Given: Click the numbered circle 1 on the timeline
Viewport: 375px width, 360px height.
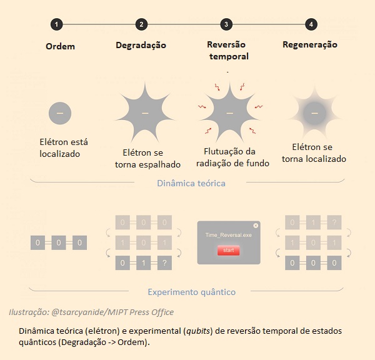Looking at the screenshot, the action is coord(56,24).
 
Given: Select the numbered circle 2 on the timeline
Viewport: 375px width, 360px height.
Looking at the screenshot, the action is coord(141,24).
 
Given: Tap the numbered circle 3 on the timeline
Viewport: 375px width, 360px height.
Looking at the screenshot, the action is coord(226,24).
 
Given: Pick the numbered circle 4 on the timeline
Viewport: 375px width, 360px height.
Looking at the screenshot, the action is coord(311,24).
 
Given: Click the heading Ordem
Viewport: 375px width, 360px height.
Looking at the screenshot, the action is coord(60,46).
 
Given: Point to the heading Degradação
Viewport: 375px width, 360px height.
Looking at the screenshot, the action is coord(141,46).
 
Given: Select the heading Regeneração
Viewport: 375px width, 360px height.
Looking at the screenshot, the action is coord(310,45).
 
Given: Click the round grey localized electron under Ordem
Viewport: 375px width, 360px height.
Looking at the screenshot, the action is coord(60,113).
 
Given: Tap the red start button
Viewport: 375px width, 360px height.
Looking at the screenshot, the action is coord(228,250).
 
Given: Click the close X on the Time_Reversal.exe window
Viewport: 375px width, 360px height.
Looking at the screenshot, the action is coord(256,226).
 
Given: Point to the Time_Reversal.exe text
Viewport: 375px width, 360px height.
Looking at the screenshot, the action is coord(228,235).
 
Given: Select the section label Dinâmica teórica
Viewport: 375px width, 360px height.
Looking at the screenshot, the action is coord(191,183).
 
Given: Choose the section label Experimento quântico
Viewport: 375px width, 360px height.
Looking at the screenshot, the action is coord(192,292).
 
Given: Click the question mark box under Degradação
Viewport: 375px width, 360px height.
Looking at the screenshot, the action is coord(164,263).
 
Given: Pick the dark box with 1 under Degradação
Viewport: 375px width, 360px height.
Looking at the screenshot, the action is coord(144,263).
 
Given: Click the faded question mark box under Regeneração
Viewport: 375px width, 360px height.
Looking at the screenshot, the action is coord(334,222).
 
